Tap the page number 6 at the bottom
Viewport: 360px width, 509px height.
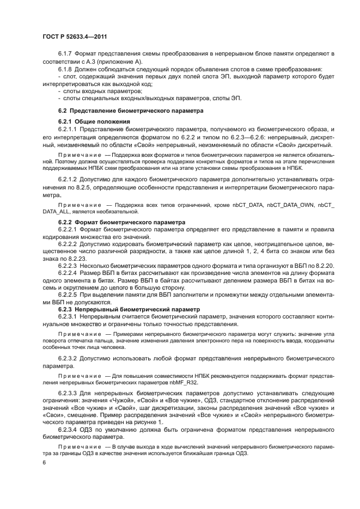[44, 463]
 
